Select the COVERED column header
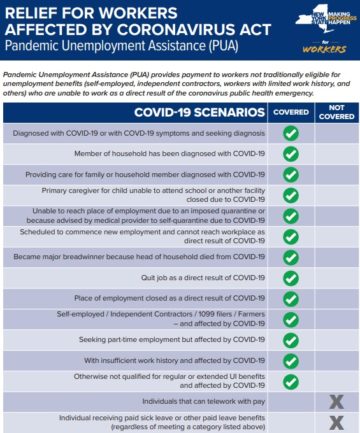tap(290, 113)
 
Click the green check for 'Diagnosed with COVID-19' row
tap(290, 133)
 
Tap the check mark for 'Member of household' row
tap(290, 154)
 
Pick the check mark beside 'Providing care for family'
tap(290, 174)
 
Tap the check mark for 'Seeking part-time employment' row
tap(290, 340)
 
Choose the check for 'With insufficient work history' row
tap(290, 360)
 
